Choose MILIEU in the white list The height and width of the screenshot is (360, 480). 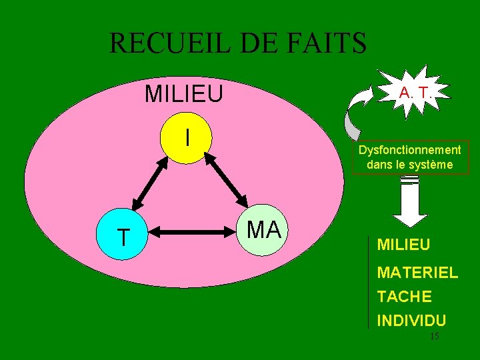[403, 245]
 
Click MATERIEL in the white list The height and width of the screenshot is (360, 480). [417, 272]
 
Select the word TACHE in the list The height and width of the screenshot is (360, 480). [404, 296]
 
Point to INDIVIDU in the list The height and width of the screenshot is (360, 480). [411, 320]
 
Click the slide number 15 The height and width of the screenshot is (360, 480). [434, 337]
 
